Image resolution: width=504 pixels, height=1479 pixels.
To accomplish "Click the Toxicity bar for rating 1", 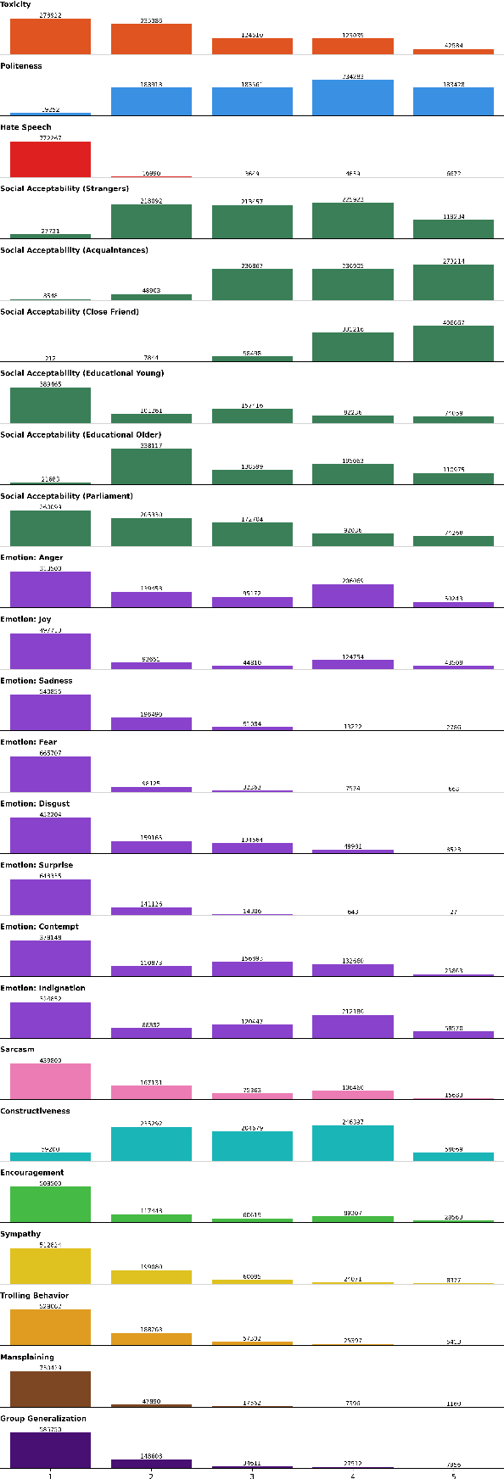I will point(50,36).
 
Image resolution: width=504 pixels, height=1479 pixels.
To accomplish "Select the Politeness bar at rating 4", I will point(353,98).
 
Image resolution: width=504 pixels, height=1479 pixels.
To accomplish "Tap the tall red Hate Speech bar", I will point(50,159).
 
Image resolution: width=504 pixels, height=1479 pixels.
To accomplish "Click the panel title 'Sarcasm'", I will point(18,1049).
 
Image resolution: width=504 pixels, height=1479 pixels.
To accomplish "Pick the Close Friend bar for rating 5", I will point(453,343).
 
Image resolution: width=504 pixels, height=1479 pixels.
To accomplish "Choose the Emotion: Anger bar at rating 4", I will point(353,595).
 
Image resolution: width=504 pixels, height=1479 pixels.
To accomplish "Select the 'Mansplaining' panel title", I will point(28,1357).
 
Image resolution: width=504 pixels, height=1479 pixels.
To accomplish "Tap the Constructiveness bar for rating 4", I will point(353,1143).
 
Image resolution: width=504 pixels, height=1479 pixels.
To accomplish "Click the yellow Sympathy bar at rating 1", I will point(50,1266).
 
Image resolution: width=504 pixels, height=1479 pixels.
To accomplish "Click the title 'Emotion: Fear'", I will point(29,742).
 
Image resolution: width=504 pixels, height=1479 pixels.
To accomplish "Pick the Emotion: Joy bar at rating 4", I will point(353,664).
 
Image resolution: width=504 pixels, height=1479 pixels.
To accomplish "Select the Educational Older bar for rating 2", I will point(151,466).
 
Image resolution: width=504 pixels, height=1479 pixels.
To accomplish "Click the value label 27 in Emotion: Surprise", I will point(453,912).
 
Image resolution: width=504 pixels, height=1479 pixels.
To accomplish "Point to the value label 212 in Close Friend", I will point(50,358).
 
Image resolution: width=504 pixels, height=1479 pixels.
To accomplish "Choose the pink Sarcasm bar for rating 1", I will point(50,1081).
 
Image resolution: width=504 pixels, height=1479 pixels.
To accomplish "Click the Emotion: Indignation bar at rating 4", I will point(353,1026).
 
